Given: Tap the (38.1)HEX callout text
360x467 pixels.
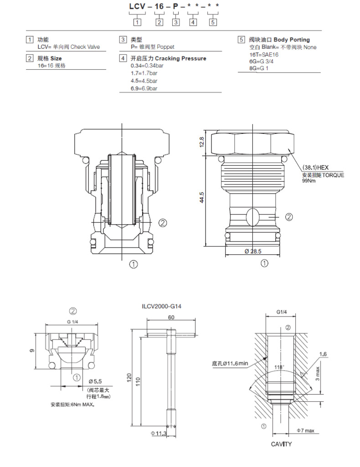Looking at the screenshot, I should point(316,168).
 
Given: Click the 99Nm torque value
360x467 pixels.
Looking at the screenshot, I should point(308,181).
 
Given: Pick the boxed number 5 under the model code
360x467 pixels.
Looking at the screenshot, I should point(213,22).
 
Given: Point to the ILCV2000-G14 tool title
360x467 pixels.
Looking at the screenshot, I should point(162,308).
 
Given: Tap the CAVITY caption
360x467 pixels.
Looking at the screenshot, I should point(281,444).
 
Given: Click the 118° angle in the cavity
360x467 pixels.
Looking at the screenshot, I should point(278,367).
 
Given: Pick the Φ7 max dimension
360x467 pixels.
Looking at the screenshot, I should point(305,431).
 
